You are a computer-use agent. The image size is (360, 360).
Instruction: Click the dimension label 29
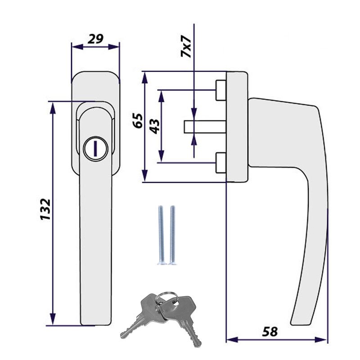click(95, 39)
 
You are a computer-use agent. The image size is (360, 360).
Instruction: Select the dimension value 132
click(45, 209)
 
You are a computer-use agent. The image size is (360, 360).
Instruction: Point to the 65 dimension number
click(138, 121)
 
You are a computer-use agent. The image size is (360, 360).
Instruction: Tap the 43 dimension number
click(155, 126)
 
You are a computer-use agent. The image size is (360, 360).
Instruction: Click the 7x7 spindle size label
click(186, 46)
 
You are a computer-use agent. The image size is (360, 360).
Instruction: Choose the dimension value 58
click(270, 332)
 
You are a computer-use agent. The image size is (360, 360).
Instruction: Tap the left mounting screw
click(161, 235)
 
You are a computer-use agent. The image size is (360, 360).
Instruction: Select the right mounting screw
click(172, 235)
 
